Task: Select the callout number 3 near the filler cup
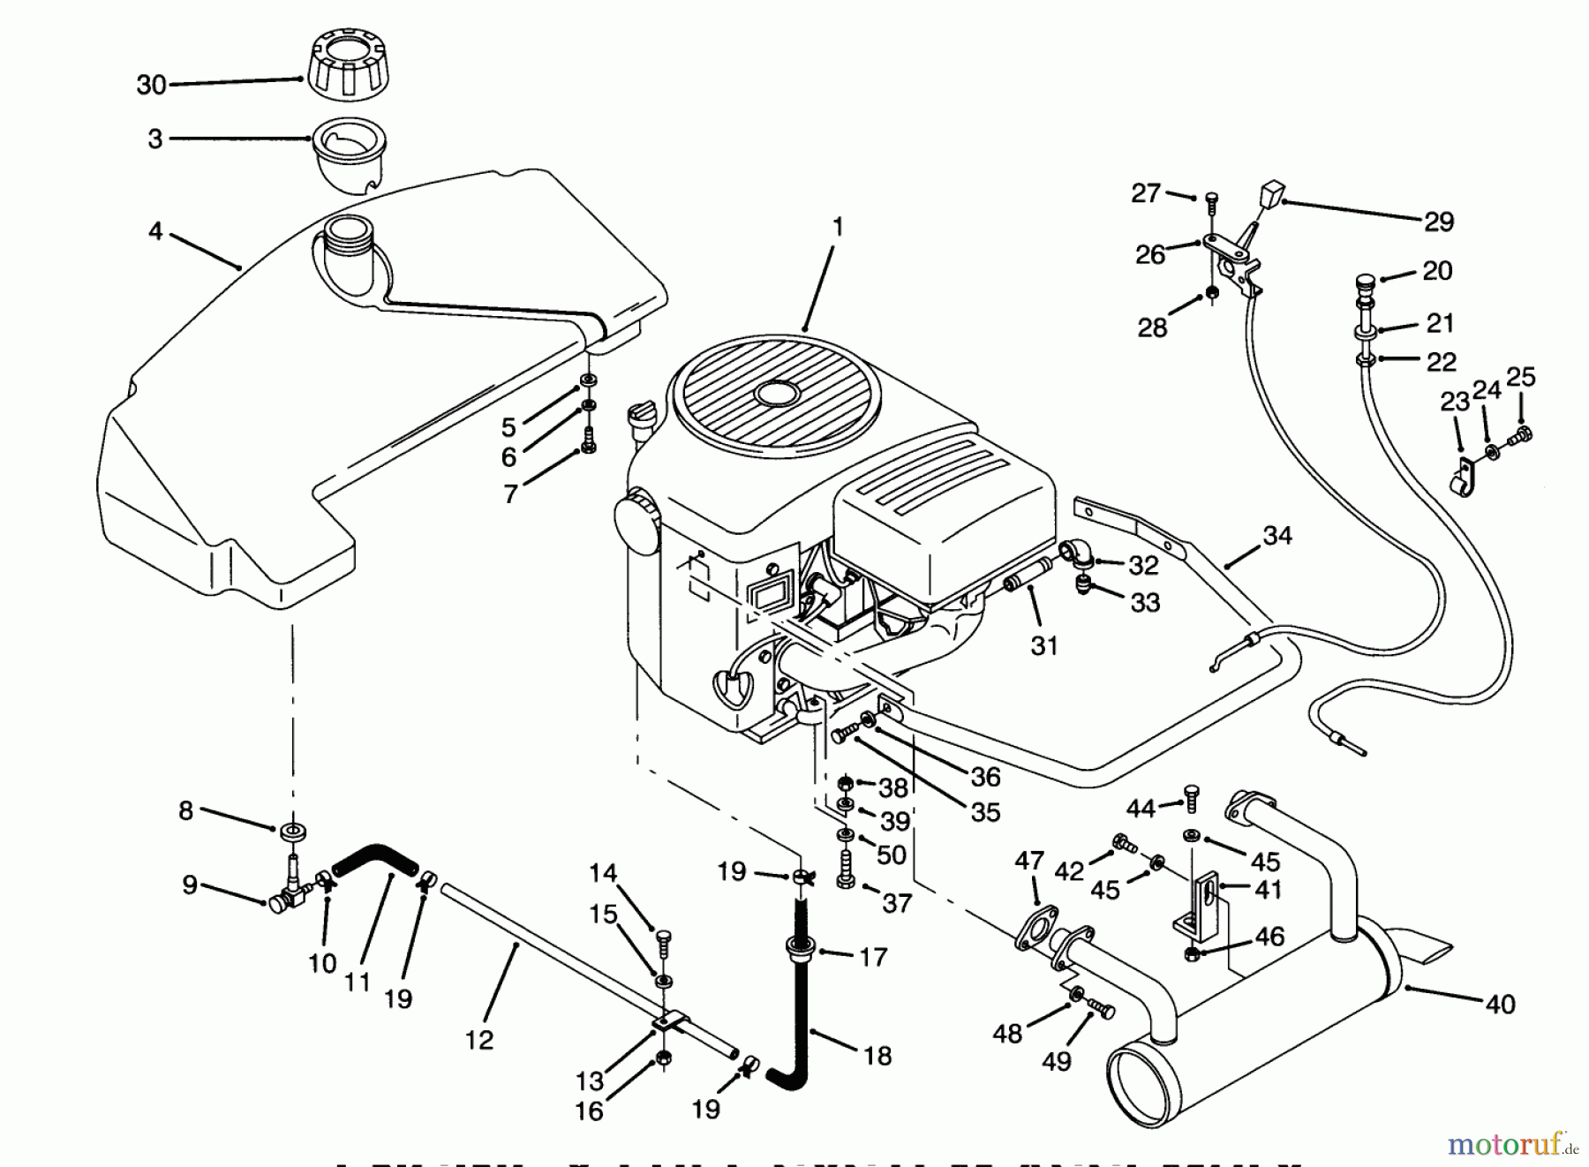(155, 139)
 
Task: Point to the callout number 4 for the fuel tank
(155, 231)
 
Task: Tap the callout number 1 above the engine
(838, 227)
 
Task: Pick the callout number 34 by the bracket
(1277, 535)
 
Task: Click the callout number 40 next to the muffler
(1501, 1004)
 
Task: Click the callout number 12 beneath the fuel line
(479, 1040)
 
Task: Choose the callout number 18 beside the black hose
(877, 1055)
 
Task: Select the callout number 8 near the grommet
(185, 810)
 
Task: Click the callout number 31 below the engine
(1044, 645)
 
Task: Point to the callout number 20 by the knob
(1437, 270)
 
